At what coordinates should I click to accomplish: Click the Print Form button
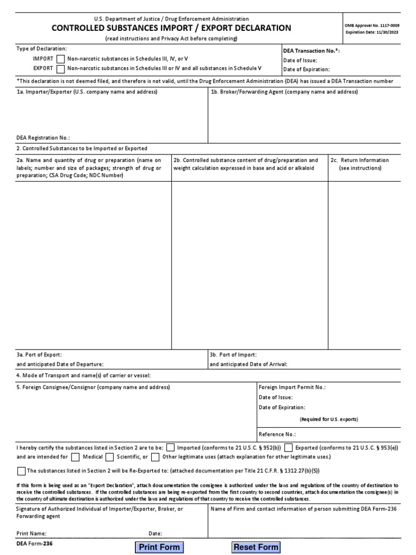coord(159,547)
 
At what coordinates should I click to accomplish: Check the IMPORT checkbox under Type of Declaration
coord(60,59)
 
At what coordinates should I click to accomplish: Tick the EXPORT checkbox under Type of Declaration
coord(60,69)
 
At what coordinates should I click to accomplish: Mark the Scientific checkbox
coord(110,457)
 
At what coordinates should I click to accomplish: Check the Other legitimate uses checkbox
coord(155,457)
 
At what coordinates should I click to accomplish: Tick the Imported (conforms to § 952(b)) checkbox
coord(171,448)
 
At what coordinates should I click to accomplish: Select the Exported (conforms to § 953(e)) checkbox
coord(289,448)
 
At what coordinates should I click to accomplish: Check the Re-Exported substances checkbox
coord(21,471)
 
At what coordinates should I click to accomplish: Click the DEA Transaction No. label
coord(311,51)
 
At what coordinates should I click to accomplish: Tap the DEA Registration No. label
coord(43,138)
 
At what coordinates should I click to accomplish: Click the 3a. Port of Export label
coord(35,354)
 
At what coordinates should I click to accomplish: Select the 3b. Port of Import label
coord(229,354)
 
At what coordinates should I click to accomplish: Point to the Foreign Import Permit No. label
coord(292,388)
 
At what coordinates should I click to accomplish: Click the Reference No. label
coord(277,434)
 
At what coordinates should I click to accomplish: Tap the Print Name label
coord(31,533)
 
